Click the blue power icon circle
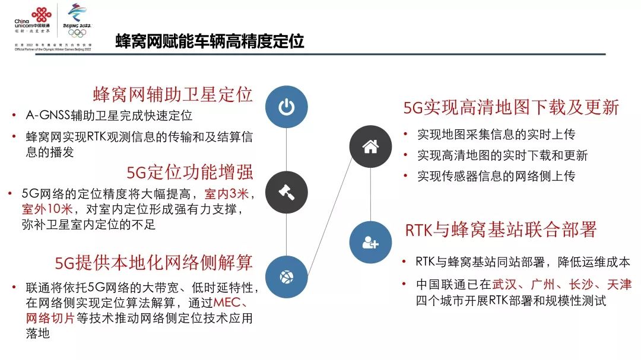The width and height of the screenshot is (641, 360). coord(287,107)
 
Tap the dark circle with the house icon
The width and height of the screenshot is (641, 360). coord(370,146)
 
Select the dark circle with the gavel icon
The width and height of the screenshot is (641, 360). coord(287,192)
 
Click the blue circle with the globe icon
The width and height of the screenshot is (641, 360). coord(287,276)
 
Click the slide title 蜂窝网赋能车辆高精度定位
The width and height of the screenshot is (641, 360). coord(209,42)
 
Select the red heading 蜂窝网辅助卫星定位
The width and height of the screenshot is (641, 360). coord(173,94)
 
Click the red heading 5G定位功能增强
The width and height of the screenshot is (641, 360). coord(190,173)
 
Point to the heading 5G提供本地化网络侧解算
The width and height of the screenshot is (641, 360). coord(154,262)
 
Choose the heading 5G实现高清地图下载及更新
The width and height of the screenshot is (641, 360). coord(511,107)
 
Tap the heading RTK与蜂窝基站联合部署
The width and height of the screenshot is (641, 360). coord(500,230)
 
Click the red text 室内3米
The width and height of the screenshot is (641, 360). coord(229,194)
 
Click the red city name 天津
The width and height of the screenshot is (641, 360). coord(617,285)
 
